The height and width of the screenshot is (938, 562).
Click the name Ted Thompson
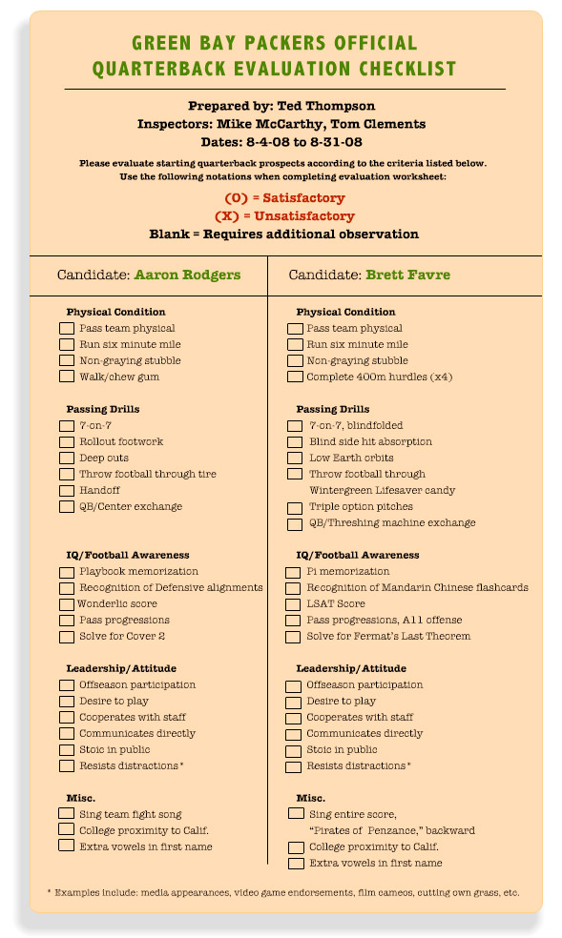click(325, 106)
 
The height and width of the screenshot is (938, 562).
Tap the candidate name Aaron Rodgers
click(187, 275)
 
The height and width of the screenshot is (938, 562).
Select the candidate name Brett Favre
click(407, 275)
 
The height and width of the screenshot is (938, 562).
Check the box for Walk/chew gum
click(66, 377)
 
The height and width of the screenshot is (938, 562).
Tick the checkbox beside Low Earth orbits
click(295, 459)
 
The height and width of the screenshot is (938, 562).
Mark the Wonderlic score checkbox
click(66, 604)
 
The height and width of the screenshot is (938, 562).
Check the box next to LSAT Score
click(295, 604)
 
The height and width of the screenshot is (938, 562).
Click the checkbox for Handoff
click(66, 491)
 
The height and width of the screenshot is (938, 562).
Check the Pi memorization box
click(295, 572)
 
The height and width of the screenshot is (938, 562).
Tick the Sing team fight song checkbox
click(66, 813)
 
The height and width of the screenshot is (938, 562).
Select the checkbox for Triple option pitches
click(295, 507)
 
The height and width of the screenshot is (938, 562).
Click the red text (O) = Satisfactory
click(284, 198)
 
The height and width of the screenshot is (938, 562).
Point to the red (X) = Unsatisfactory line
click(284, 216)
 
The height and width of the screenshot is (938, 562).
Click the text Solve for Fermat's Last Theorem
click(388, 637)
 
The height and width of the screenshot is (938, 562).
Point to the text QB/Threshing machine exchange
click(392, 523)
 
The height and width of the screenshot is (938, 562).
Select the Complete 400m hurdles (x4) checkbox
click(295, 377)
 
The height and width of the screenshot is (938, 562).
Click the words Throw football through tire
click(148, 475)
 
